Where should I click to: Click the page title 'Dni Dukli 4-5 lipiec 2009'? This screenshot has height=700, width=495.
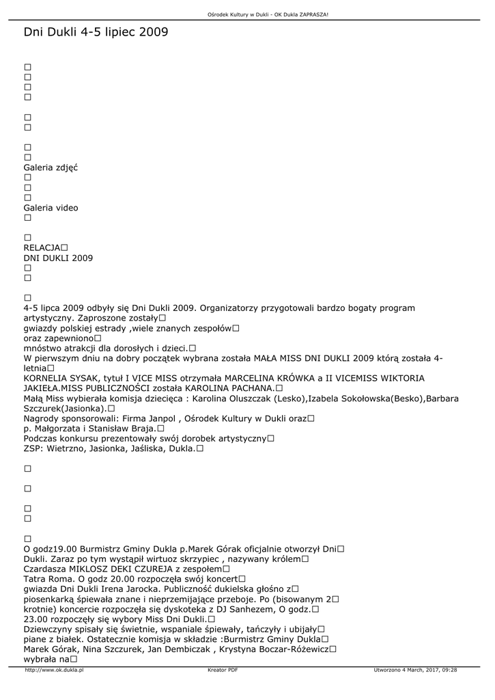point(96,32)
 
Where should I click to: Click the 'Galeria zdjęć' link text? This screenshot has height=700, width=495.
point(51,167)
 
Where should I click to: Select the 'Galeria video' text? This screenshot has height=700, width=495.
point(51,208)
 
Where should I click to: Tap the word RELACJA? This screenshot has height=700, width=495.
point(42,247)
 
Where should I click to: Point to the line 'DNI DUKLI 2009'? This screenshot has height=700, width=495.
point(58,258)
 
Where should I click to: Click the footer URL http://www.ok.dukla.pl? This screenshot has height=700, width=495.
point(54,671)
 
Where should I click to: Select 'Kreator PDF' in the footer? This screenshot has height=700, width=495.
point(223,671)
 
